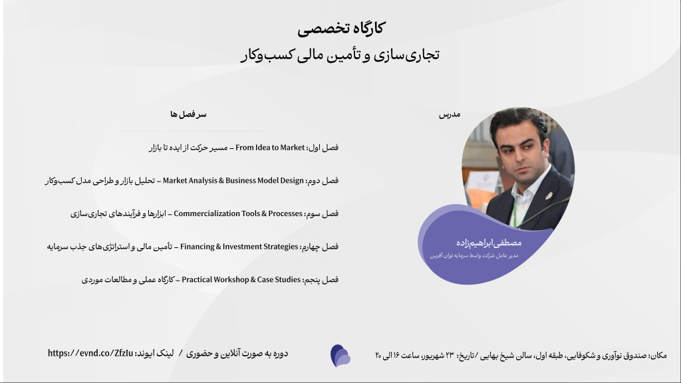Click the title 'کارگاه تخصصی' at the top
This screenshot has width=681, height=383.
pos(341,29)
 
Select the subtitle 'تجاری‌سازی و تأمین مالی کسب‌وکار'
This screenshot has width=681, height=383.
pos(340,55)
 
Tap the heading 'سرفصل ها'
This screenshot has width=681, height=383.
pos(188,114)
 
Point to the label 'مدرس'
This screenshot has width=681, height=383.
pos(450,114)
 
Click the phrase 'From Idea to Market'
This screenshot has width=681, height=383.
pos(270,148)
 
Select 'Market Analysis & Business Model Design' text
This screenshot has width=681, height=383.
pos(233,181)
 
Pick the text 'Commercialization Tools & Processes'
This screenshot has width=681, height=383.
pos(238,213)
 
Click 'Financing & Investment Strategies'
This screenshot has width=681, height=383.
pos(239,247)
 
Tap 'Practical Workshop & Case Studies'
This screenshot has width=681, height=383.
pos(241,280)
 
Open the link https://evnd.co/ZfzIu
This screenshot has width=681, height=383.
pos(90,353)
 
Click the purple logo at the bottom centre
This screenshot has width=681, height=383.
pos(340,356)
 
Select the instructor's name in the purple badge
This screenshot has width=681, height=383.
pos(489,243)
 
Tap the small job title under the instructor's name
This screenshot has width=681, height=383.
pos(474,255)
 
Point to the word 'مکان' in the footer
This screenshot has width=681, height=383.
pos(659,355)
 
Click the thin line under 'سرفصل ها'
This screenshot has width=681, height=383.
pos(193,131)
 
